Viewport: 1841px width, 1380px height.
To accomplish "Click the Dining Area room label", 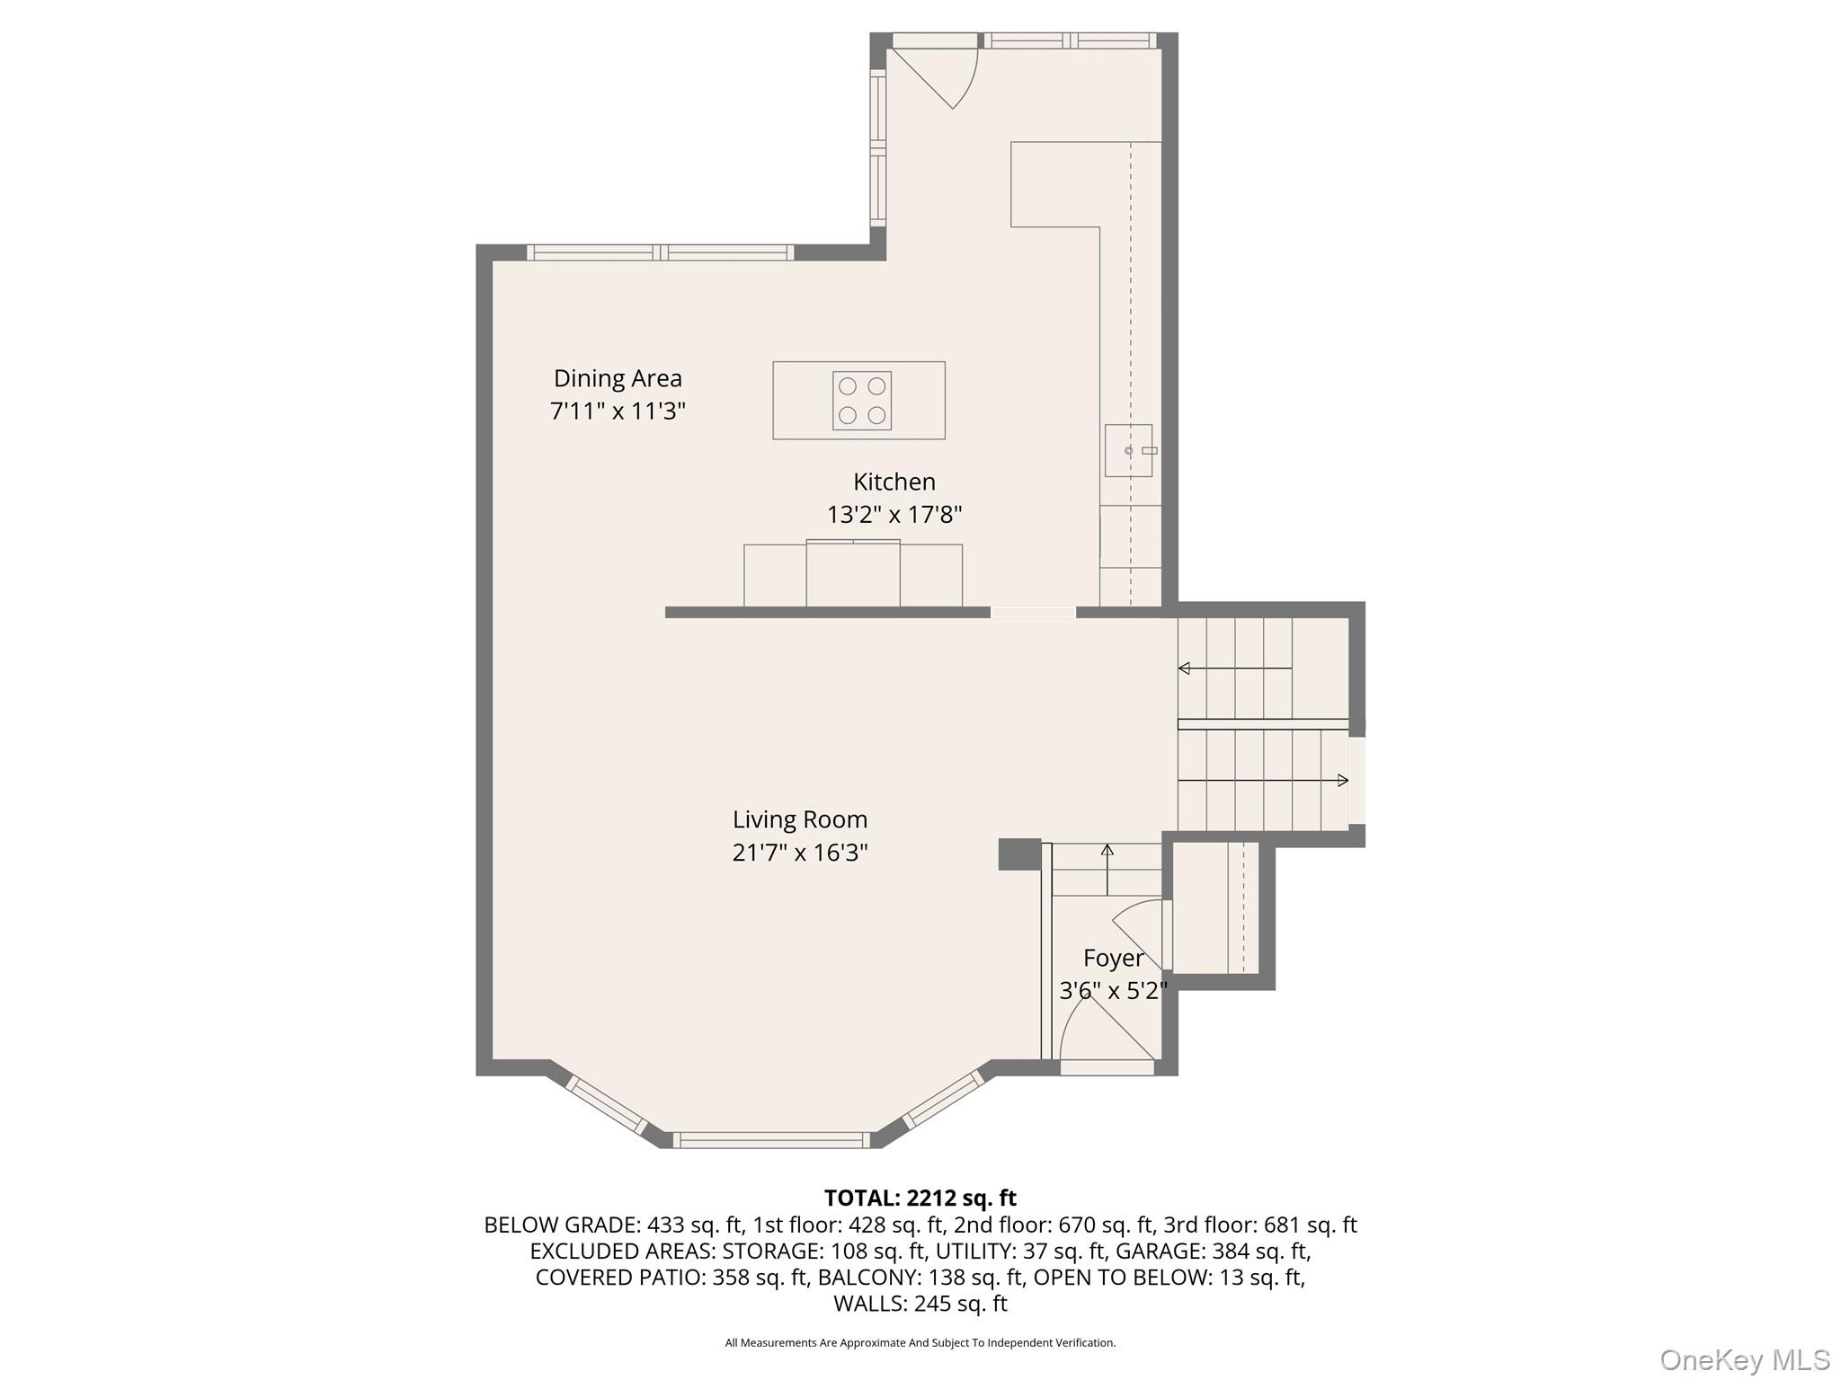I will tap(618, 378).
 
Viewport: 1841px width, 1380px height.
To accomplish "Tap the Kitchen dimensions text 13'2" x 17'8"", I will tap(894, 515).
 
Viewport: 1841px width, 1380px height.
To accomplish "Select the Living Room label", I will tap(799, 819).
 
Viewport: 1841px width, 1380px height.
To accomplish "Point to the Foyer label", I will tap(1113, 958).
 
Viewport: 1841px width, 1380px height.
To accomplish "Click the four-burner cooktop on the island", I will tap(861, 401).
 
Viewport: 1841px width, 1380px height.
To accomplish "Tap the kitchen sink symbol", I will tap(1129, 450).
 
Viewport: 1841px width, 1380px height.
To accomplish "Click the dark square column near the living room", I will tap(1018, 854).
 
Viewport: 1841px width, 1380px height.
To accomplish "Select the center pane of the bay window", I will tap(771, 1140).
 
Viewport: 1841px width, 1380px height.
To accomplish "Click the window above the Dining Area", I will tap(660, 252).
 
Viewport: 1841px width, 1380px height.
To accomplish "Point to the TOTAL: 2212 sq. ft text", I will tap(920, 1198).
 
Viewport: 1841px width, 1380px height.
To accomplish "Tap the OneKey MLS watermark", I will tap(1744, 1359).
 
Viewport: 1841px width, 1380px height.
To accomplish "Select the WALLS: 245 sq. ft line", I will tap(920, 1303).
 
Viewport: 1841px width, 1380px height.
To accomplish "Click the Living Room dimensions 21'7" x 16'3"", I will tap(799, 853).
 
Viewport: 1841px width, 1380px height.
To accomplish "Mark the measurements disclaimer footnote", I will tap(920, 1343).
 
